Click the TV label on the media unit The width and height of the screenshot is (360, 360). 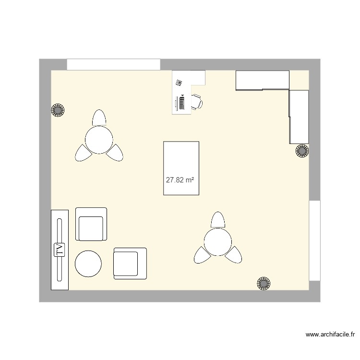pyautogui.click(x=60, y=250)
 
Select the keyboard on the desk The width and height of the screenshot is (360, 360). pyautogui.click(x=182, y=102)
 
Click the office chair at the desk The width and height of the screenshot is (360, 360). pyautogui.click(x=197, y=102)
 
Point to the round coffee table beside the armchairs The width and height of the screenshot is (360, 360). pyautogui.click(x=88, y=264)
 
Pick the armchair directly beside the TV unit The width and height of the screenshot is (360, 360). pyautogui.click(x=91, y=224)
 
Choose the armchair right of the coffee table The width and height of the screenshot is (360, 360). pyautogui.click(x=130, y=263)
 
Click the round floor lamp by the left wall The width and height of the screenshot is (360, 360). pyautogui.click(x=58, y=110)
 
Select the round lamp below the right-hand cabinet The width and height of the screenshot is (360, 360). pyautogui.click(x=302, y=151)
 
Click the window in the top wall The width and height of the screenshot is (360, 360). pyautogui.click(x=113, y=64)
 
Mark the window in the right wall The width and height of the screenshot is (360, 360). pyautogui.click(x=314, y=240)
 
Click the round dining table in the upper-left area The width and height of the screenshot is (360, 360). pyautogui.click(x=99, y=139)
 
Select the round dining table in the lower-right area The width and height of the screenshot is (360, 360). pyautogui.click(x=217, y=241)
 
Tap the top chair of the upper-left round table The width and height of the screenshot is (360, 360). pyautogui.click(x=99, y=118)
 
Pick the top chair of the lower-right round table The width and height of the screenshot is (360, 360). pyautogui.click(x=217, y=220)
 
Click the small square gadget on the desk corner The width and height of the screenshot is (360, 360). pyautogui.click(x=179, y=83)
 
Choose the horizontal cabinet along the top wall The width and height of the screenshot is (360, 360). pyautogui.click(x=262, y=80)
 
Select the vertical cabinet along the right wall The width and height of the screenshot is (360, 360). pyautogui.click(x=299, y=117)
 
